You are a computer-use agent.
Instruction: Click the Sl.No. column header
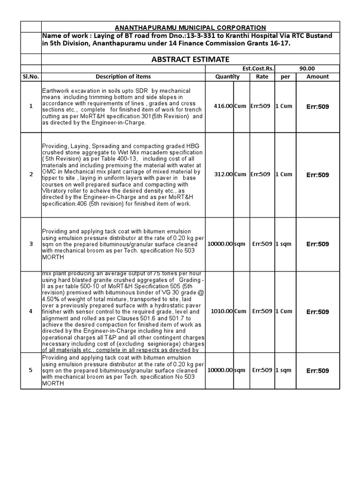pos(31,76)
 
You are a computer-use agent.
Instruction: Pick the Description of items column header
pos(123,76)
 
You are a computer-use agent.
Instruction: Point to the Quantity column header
pos(227,76)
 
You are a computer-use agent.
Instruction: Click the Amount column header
pos(317,76)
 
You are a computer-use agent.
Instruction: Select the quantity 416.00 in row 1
pos(223,106)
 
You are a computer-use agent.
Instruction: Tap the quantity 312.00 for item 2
pos(223,174)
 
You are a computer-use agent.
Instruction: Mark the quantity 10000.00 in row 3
pos(220,244)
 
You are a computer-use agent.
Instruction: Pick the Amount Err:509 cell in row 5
pos(317,370)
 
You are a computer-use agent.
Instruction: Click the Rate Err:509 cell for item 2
pos(260,174)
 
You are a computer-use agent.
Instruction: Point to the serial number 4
pos(31,311)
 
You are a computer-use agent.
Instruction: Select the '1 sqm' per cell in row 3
pos(283,244)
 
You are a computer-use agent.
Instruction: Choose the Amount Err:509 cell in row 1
pos(317,106)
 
